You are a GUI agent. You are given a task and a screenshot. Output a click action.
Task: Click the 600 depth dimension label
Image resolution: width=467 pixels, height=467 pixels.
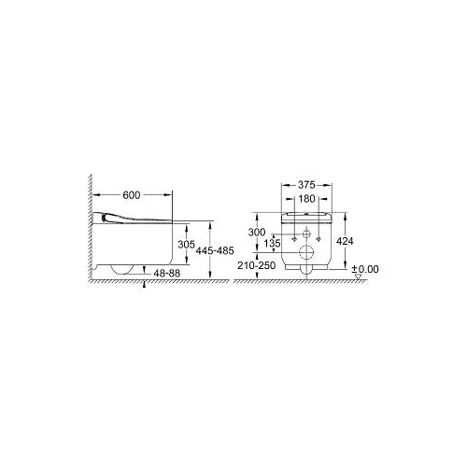point(132,195)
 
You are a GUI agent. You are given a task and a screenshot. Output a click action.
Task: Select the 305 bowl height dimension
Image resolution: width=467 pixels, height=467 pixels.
point(186,245)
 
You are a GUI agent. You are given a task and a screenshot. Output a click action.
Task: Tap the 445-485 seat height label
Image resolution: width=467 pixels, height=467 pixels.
point(215,250)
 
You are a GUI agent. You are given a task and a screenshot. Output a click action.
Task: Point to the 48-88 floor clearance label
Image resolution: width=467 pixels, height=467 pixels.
point(167,273)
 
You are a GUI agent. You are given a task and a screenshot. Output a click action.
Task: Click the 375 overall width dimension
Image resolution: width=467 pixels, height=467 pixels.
point(306,185)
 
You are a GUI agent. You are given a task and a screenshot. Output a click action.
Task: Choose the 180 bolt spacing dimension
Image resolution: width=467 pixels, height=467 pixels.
point(306,199)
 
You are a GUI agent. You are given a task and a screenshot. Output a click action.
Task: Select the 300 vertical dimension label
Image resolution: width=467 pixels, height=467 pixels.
point(257,232)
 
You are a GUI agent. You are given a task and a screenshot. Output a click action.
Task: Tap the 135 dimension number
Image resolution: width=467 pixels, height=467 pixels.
point(272,243)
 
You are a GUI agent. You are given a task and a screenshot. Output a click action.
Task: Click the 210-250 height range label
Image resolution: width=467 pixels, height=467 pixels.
point(257,265)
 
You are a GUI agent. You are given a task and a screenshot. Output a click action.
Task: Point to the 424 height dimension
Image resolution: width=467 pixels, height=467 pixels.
point(345,241)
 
